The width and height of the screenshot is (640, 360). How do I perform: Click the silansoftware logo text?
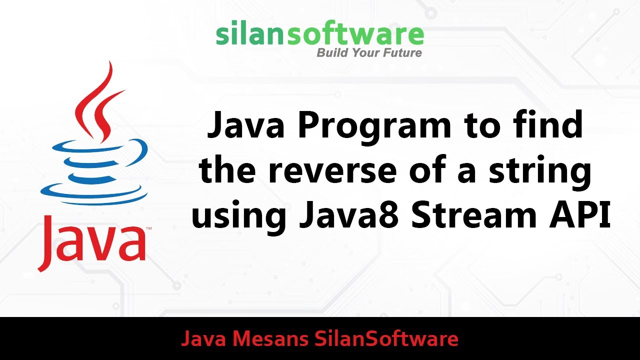tap(320, 34)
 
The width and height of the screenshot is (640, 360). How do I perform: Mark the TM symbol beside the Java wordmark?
tap(148, 229)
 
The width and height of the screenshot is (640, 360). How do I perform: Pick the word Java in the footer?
tap(203, 339)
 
